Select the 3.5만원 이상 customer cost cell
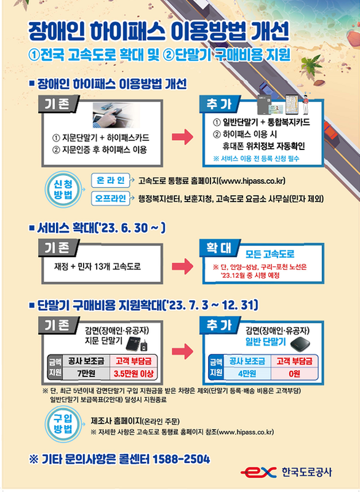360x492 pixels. point(133,373)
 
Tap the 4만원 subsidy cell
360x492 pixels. point(246,373)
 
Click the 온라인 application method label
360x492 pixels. point(110,180)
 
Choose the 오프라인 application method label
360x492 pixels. point(111,198)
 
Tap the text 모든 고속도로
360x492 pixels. point(270,253)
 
